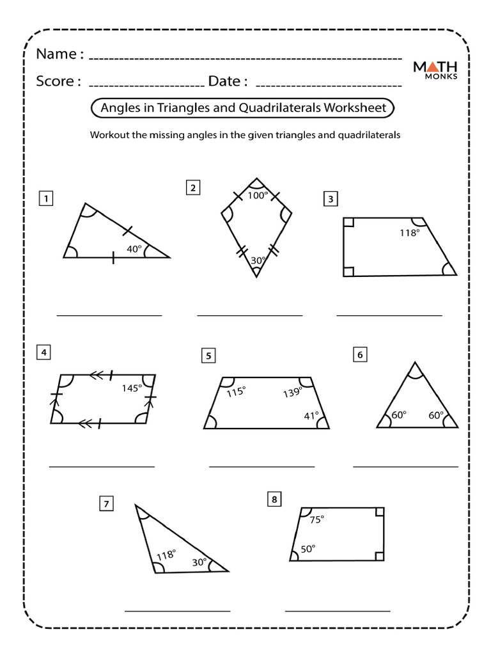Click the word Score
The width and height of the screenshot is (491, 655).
[x=58, y=81]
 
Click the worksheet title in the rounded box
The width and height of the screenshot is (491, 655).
[x=244, y=108]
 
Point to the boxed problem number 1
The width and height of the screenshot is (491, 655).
[x=45, y=199]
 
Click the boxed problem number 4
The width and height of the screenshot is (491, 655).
[x=43, y=352]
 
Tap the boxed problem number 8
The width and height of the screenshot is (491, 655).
[x=274, y=500]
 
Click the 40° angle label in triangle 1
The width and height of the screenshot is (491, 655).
[x=133, y=249]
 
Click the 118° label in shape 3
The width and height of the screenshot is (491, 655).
[x=409, y=233]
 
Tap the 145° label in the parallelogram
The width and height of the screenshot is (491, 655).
[x=131, y=388]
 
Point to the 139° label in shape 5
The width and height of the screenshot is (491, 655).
[x=292, y=393]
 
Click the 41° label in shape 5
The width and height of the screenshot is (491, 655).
[x=311, y=416]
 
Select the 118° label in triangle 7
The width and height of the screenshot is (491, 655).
[x=166, y=555]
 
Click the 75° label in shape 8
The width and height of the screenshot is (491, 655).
[x=316, y=520]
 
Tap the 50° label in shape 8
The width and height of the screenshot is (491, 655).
[x=308, y=548]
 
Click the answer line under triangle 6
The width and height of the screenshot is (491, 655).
[x=405, y=467]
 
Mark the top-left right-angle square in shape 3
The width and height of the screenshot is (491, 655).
[x=348, y=223]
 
